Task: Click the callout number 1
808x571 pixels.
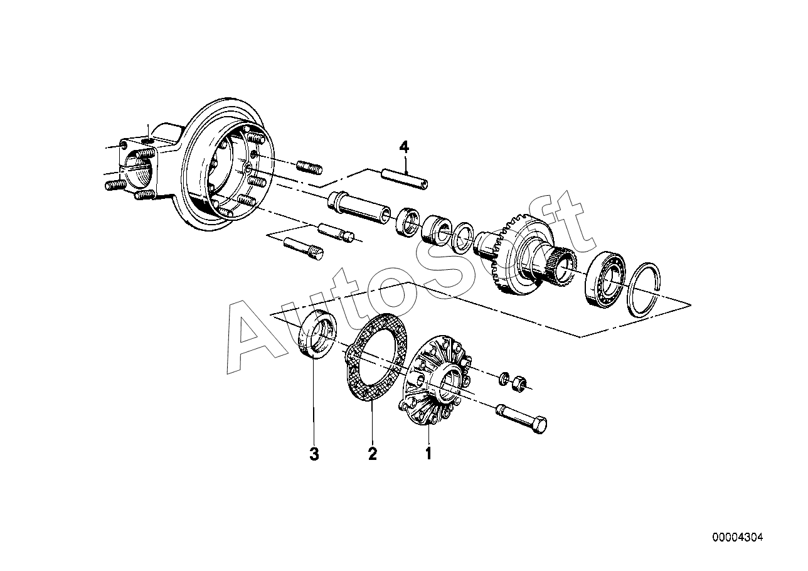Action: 428,453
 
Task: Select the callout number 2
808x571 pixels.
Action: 373,454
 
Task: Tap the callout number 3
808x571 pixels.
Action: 314,454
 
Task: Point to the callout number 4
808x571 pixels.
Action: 404,147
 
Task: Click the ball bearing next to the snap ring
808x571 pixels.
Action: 603,280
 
